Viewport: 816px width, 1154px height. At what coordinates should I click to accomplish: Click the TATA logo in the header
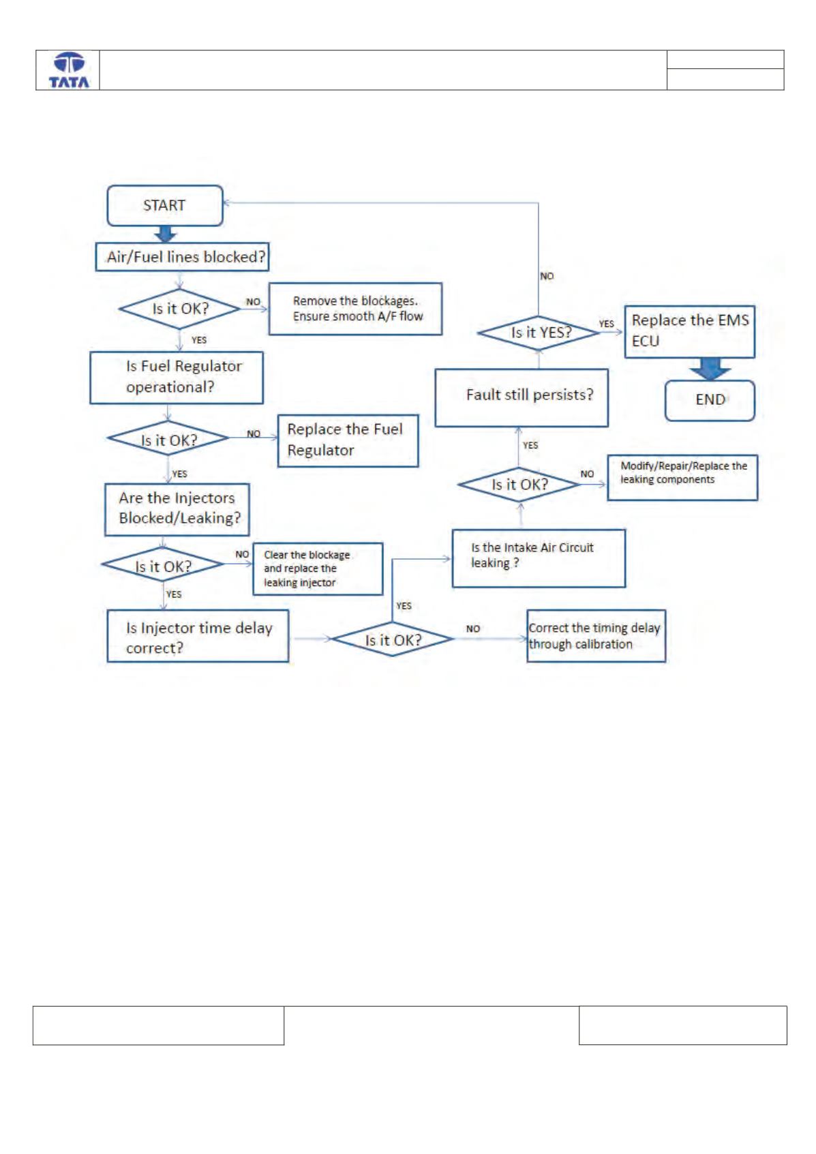69,70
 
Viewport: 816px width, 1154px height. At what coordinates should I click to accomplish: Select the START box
165,206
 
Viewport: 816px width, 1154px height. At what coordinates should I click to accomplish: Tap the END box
710,400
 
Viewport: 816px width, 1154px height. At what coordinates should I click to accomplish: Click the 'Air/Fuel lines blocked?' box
182,256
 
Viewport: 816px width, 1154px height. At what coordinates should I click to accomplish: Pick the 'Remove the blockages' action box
355,309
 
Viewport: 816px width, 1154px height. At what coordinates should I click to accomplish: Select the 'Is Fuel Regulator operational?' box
177,378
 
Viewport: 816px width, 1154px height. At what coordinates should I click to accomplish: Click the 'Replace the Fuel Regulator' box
348,441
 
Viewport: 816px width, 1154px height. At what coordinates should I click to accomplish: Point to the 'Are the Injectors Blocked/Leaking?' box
177,509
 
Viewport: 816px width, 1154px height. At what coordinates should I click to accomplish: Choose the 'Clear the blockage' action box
318,568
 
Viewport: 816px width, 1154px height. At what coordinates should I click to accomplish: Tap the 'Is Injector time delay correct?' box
198,636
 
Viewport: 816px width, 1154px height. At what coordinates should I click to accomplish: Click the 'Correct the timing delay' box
596,636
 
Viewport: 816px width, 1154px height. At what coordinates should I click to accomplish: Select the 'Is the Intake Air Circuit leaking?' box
539,558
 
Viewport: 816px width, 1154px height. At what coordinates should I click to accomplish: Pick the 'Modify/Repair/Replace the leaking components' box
682,478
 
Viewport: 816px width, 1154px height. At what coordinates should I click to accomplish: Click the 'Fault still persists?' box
522,397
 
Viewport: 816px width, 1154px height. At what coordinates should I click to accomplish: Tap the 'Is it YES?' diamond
539,333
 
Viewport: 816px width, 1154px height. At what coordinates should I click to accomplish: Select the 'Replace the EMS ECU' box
690,332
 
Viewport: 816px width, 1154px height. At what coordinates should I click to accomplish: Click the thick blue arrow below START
166,234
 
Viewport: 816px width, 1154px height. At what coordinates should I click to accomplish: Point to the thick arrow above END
710,369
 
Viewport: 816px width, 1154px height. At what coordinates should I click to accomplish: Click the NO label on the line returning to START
547,276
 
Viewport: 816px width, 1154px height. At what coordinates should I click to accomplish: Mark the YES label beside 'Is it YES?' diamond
606,324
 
